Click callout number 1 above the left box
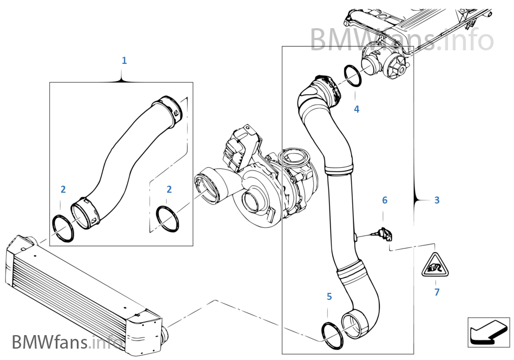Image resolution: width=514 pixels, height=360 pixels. click(x=124, y=60)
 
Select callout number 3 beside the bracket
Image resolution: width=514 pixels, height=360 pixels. click(x=437, y=200)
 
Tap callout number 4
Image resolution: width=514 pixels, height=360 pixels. click(x=356, y=109)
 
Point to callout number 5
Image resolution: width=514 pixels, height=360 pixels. click(x=329, y=296)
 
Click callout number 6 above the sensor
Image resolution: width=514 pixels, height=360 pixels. click(x=385, y=200)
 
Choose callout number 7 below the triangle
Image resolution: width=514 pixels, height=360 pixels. click(x=437, y=292)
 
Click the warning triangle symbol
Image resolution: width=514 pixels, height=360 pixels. click(x=436, y=266)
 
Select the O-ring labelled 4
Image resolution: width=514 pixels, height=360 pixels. click(x=353, y=75)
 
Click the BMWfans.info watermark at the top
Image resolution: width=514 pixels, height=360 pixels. click(x=401, y=39)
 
